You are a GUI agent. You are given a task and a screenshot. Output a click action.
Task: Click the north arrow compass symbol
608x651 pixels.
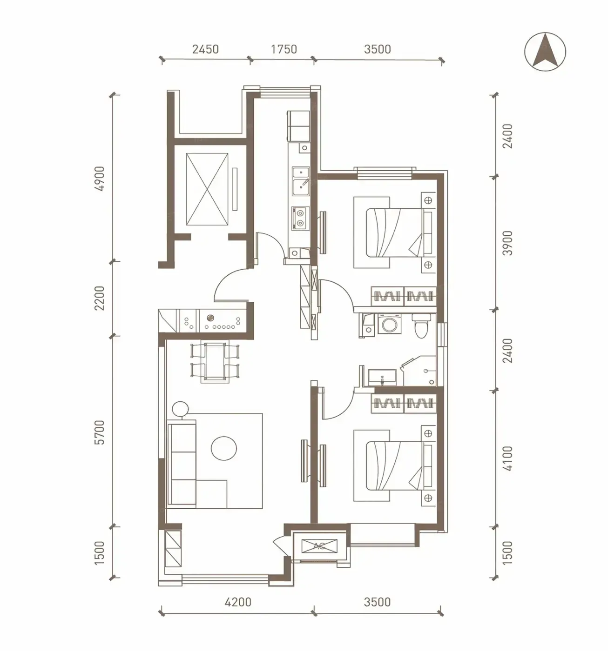(545, 52)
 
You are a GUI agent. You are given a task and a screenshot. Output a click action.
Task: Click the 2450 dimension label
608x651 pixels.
(205, 49)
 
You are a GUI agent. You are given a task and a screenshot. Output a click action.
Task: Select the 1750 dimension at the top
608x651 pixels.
(284, 49)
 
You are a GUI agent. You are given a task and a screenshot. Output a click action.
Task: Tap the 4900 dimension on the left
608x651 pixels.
(100, 179)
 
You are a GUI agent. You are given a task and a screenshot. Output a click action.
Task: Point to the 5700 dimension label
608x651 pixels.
(100, 432)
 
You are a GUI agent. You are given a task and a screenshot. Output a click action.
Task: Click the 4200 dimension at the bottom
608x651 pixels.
(238, 602)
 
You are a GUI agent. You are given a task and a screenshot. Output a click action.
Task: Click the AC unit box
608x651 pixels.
(319, 546)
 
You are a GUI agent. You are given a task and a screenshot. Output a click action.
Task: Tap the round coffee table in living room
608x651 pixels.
(224, 448)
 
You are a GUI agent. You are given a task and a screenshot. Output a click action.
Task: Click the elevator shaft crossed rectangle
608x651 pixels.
(207, 189)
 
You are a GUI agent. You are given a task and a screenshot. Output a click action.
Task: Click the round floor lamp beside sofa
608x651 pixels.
(180, 409)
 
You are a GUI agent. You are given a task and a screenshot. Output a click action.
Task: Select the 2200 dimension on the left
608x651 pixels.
(100, 298)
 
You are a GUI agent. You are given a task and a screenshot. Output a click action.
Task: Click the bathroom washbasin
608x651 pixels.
(382, 377)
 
